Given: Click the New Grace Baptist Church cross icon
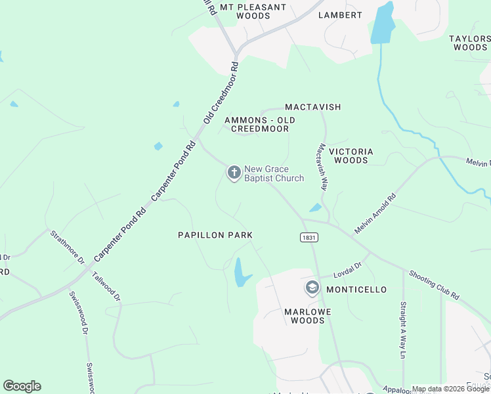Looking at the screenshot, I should pos(233,173).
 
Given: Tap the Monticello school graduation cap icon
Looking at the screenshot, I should pos(312,288).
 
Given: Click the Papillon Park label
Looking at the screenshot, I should pos(215,235).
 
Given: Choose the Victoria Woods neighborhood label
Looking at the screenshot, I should pos(351,156).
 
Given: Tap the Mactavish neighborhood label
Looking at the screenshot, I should pos(313,107).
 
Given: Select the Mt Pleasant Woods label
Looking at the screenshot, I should pos(253,11).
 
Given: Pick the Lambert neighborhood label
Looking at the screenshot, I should pos(340,15).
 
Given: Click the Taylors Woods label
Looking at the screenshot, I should pos(469,43).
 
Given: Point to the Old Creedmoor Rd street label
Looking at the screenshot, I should pos(220,93).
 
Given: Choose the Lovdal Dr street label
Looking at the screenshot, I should pos(347,267).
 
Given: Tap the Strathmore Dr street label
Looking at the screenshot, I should pos(68,246).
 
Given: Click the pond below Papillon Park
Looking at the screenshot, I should pos(241,272).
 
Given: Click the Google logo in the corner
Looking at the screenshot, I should pos(22,386).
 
